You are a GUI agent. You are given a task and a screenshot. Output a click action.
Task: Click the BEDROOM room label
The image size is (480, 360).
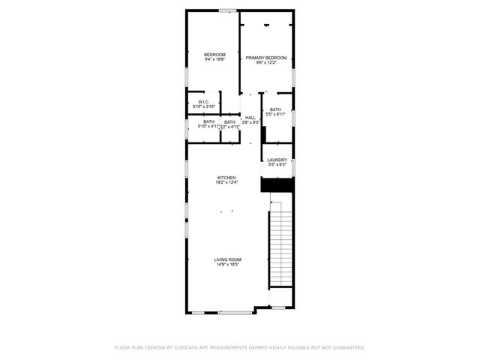pos(214,55)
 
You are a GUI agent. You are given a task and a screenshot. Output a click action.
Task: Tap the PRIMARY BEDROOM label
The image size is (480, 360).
pos(266,58)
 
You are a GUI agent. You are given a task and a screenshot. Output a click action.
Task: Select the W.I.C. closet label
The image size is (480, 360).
pos(203,102)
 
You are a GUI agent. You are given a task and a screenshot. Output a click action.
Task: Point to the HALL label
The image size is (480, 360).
pos(250,117)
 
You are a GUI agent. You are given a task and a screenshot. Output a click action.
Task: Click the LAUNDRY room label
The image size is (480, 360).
pos(277,160)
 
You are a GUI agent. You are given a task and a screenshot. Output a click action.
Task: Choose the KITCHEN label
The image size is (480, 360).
pos(226,178)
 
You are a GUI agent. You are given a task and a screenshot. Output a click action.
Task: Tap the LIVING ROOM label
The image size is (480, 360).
pos(227,259)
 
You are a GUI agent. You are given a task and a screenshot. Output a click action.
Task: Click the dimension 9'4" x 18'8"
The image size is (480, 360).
pos(214,59)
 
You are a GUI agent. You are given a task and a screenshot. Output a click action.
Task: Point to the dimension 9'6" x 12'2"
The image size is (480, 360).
pos(266,62)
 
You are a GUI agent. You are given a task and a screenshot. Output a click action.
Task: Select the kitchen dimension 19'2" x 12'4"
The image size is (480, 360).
pos(226,182)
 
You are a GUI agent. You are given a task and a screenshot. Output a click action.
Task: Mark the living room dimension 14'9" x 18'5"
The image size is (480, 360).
pos(227,264)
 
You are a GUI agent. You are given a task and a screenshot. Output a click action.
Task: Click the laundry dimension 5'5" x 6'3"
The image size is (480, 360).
pos(277,164)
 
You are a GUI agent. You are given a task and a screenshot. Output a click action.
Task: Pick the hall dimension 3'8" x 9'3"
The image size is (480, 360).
pos(250,121)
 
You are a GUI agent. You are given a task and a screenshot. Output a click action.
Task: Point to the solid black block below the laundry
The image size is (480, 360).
pos(276,184)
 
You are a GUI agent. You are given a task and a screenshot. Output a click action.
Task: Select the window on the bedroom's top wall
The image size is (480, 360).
pos(227,10)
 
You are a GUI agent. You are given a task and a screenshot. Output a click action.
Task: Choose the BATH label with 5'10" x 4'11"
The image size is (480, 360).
pos(208,122)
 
